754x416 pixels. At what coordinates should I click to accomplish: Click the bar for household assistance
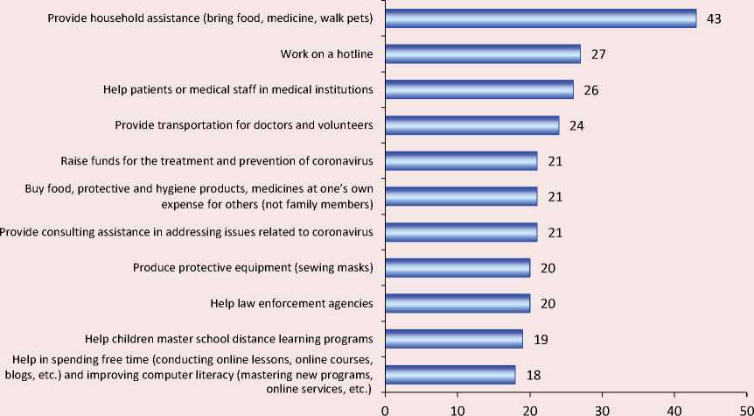[540, 18]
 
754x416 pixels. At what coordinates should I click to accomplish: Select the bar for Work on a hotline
[482, 54]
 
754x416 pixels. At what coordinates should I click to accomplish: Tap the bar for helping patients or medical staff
[478, 89]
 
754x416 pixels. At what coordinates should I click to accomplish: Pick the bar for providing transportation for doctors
[471, 125]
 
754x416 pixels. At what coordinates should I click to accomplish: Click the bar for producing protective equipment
[457, 267]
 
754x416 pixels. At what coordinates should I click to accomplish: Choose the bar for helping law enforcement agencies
[457, 303]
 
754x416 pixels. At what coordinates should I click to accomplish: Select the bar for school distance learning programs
[453, 338]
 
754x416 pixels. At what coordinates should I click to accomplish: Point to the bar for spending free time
[450, 374]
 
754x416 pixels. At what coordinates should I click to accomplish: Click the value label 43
[714, 18]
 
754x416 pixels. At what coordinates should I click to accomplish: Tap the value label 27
[598, 54]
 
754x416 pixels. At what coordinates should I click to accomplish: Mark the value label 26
[591, 90]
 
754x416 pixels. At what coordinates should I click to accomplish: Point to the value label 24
[576, 125]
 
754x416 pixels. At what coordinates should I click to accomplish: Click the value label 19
[541, 339]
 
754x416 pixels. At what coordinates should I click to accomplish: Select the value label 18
[534, 375]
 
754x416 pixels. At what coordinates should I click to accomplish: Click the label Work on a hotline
[326, 54]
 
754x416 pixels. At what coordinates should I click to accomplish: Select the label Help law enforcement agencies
[292, 303]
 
